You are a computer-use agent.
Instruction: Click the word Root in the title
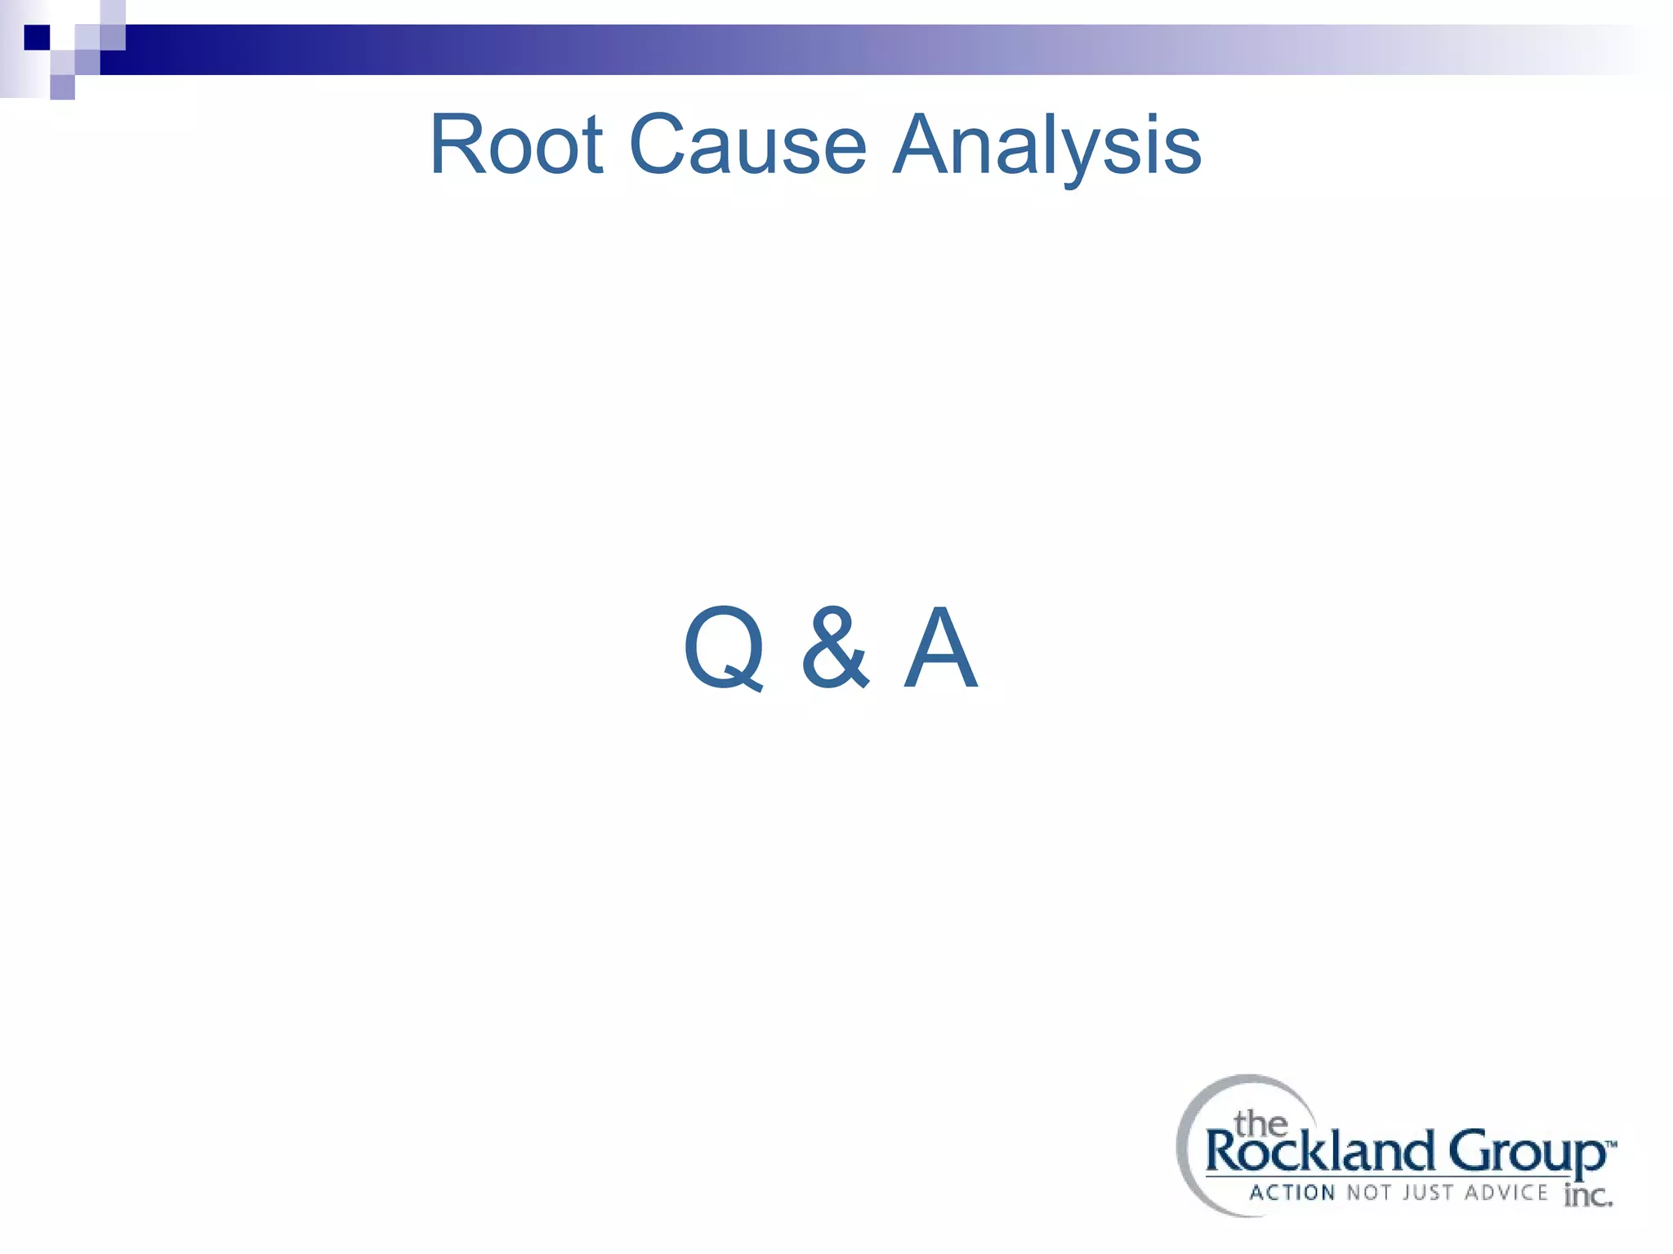point(516,145)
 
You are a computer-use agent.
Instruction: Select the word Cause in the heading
point(747,145)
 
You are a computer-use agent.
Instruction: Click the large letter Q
point(724,648)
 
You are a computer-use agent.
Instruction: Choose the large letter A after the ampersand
point(940,648)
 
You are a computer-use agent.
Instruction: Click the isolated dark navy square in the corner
point(37,38)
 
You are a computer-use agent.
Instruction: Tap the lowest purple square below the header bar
point(63,87)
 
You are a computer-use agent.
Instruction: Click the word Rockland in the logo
point(1319,1152)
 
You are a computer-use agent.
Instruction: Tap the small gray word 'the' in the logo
point(1260,1124)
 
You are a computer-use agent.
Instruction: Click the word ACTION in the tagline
point(1292,1193)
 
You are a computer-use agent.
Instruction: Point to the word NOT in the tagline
point(1368,1193)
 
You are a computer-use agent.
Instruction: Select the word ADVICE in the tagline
point(1506,1193)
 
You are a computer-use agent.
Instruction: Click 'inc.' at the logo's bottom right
point(1587,1196)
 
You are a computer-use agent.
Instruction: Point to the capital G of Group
point(1470,1151)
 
